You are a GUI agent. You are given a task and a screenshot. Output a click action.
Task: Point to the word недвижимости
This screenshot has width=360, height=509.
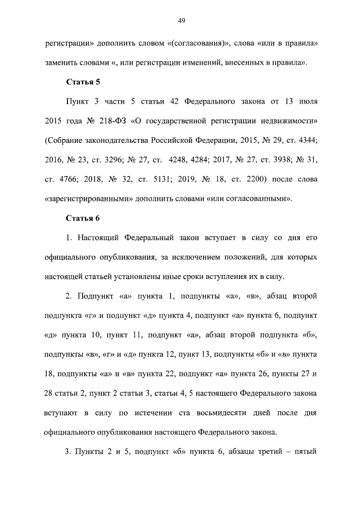290,121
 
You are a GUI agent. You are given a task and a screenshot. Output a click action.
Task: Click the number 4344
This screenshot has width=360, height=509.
305,141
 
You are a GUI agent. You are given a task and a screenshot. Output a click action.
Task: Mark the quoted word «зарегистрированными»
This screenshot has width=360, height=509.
84,199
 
